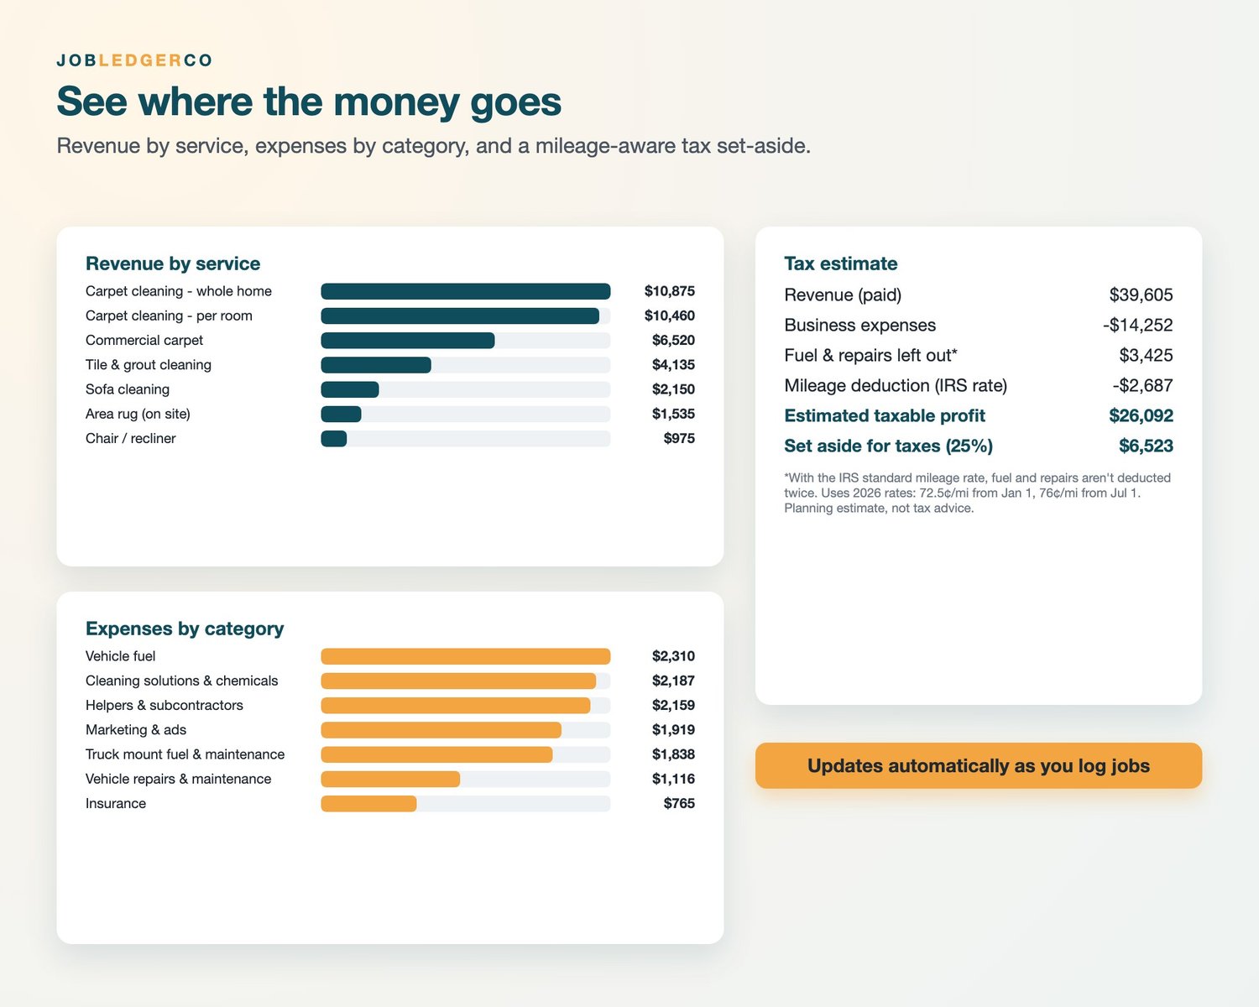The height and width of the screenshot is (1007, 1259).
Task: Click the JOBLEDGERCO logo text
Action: click(134, 60)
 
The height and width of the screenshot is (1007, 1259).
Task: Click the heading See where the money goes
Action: click(309, 102)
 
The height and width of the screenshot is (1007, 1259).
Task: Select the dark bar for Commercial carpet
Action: click(408, 341)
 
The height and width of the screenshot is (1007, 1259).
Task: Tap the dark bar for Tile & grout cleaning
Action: click(376, 365)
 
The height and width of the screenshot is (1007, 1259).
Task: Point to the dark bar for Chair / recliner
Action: click(334, 439)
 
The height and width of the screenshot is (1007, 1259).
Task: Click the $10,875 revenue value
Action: click(669, 291)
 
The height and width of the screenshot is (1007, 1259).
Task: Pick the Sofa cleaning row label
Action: click(128, 389)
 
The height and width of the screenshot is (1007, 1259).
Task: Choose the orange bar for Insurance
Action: click(368, 804)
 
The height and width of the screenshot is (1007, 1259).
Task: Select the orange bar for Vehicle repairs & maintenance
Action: click(390, 780)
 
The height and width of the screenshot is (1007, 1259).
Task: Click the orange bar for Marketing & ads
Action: click(441, 730)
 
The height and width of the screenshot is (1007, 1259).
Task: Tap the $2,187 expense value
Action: click(673, 681)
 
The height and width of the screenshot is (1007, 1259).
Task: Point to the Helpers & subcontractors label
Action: click(165, 706)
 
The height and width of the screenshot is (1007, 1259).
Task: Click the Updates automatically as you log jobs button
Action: click(979, 766)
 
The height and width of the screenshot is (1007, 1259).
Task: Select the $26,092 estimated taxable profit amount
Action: click(1141, 416)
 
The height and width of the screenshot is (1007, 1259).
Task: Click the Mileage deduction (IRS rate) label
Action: click(896, 386)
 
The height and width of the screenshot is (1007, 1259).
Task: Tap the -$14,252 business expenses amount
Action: click(1138, 326)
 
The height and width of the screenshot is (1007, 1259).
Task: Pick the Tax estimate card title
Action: click(841, 263)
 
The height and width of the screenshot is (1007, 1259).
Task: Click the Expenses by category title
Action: click(185, 629)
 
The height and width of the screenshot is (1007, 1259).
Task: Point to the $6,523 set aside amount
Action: click(1146, 446)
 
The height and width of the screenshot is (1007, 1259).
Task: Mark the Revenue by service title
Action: click(173, 263)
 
